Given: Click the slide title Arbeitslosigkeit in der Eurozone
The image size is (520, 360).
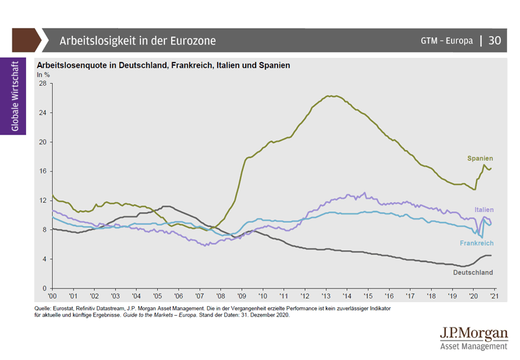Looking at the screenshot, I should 138,40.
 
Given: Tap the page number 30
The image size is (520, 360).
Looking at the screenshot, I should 494,40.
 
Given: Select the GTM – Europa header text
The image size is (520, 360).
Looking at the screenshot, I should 447,40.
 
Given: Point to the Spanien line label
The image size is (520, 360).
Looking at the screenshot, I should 480,158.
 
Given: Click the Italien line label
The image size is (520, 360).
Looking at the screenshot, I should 484,209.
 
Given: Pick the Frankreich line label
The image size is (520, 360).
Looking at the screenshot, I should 476,242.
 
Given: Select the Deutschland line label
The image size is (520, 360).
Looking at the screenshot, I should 473,272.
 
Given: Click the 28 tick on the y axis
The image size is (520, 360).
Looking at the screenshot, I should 42,84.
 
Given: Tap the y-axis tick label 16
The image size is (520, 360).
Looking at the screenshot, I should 42,172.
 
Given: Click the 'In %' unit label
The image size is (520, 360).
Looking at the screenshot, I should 43,75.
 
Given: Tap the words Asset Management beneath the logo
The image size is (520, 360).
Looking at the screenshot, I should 473,346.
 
